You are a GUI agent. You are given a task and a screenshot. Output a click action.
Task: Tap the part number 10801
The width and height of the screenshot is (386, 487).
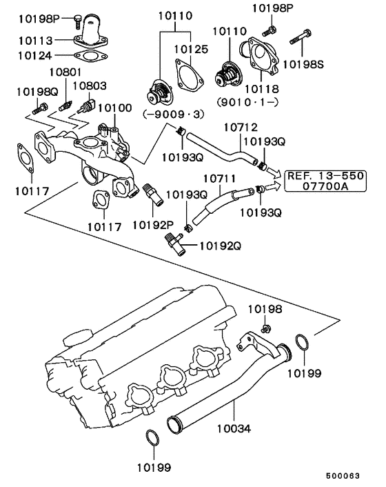65,71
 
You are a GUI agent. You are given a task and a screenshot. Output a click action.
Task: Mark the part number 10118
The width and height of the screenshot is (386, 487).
256,88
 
